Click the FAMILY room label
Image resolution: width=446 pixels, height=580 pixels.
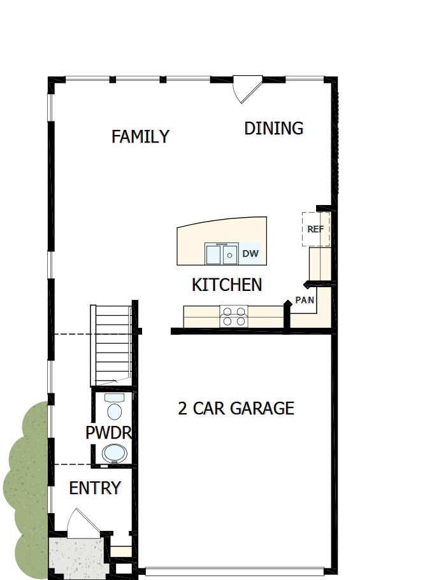coord(140,136)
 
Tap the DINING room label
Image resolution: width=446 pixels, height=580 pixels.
coord(273,128)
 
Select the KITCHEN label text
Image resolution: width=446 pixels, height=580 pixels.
coord(227,285)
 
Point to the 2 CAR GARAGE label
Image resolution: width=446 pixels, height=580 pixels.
coord(236,408)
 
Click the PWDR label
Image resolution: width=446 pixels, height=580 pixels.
coord(108,433)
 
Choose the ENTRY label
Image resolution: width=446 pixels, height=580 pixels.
coord(95,488)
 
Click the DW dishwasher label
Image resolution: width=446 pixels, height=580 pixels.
coord(250,253)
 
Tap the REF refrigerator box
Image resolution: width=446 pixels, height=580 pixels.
coord(315,229)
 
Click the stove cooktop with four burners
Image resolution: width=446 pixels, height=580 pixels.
coord(233,316)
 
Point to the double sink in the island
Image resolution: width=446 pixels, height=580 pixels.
coord(221,254)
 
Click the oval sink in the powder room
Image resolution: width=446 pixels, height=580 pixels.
coord(115,453)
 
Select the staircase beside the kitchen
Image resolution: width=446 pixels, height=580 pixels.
coord(112,344)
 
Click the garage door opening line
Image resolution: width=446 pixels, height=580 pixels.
coord(236,569)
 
